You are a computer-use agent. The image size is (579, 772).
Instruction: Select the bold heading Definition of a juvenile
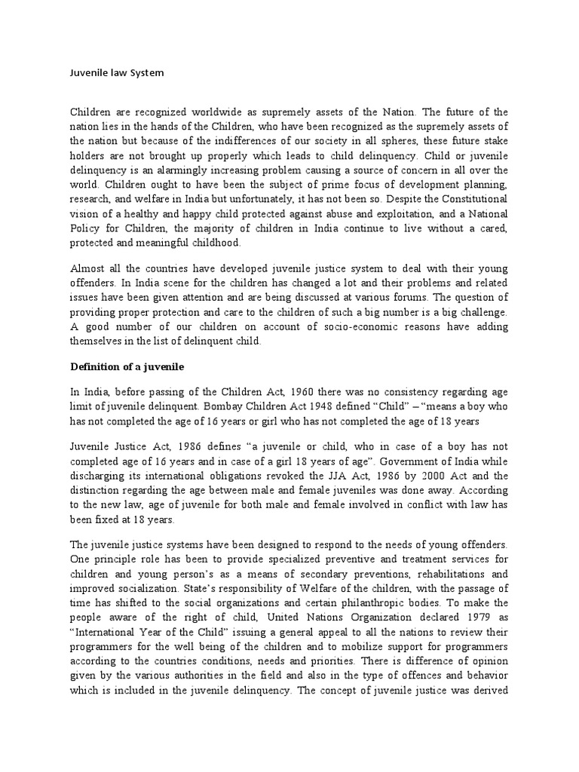[127, 367]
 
